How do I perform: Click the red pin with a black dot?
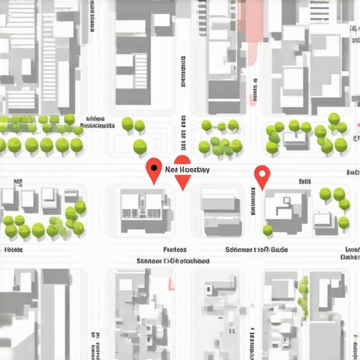coord(153,169)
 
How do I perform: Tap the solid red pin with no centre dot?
coord(182,178)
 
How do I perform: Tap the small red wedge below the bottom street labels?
coord(170,283)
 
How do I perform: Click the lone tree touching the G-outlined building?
coord(268,230)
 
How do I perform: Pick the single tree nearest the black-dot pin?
coord(140,147)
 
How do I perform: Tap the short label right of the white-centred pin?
coord(304,181)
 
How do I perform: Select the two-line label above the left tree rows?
coord(98,122)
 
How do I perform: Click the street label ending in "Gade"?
coord(257,250)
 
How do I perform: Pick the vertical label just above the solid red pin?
coord(183,138)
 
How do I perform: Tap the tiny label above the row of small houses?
coord(15,181)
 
